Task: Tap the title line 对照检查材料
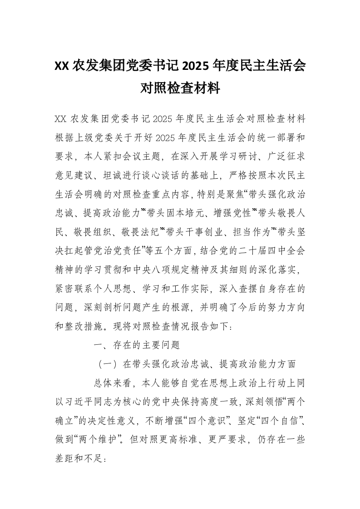pos(180,88)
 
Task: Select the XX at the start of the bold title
pos(62,66)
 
